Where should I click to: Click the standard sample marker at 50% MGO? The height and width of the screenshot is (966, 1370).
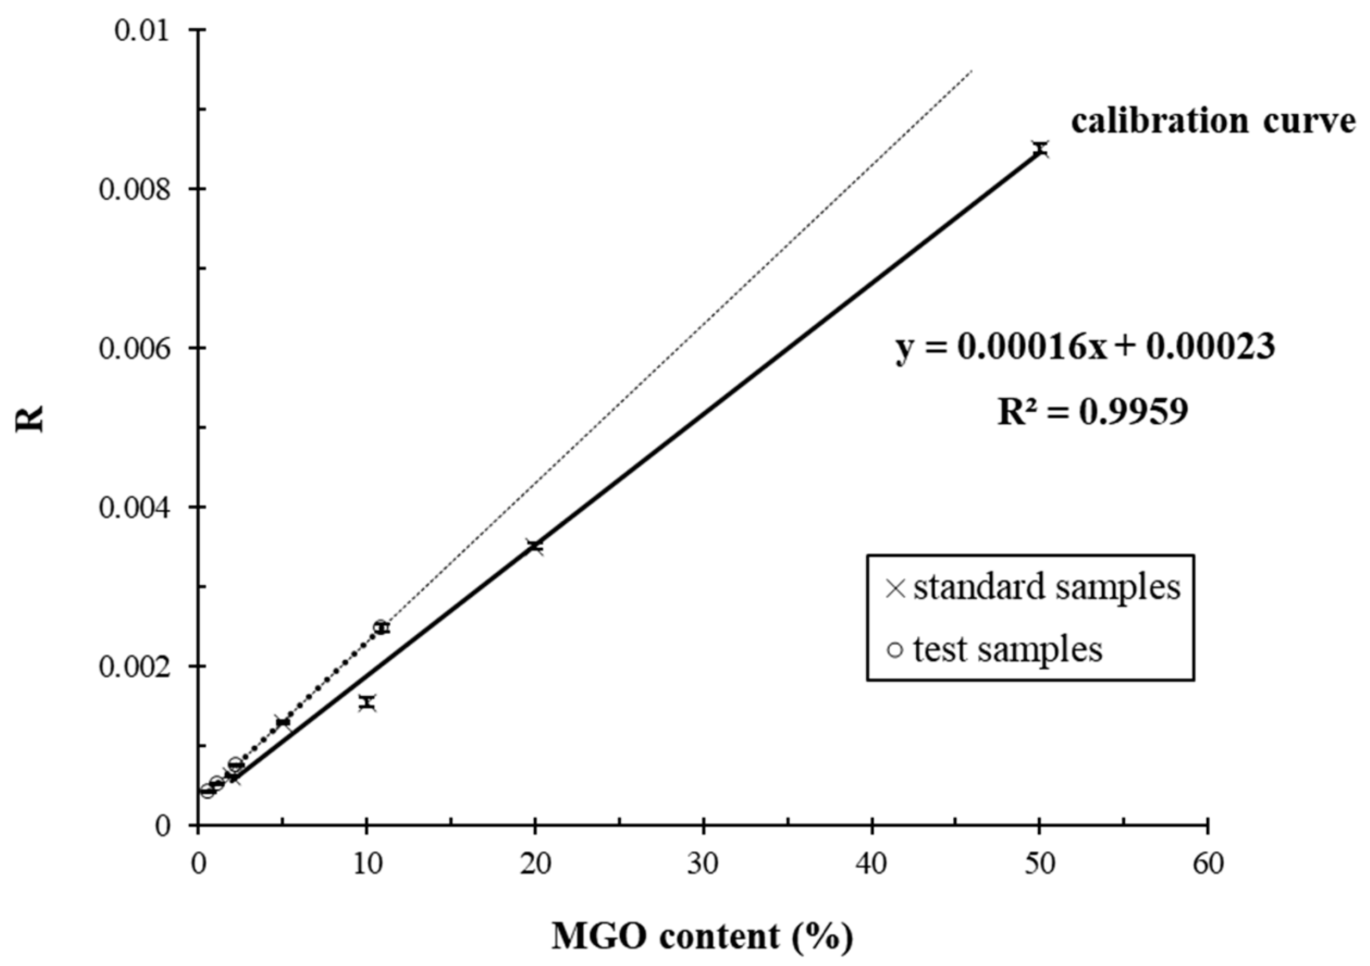1041,149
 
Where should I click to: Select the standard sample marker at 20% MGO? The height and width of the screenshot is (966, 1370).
535,546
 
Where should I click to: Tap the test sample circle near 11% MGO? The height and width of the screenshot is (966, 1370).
381,627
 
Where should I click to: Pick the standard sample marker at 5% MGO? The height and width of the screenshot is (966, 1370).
283,722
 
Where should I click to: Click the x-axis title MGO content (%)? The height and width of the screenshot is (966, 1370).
702,936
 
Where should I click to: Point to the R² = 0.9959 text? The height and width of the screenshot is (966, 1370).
1093,412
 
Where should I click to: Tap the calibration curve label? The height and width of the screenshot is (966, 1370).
1211,121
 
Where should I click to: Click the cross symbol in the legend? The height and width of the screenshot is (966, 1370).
896,589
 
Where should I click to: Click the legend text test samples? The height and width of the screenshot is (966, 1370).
1007,649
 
